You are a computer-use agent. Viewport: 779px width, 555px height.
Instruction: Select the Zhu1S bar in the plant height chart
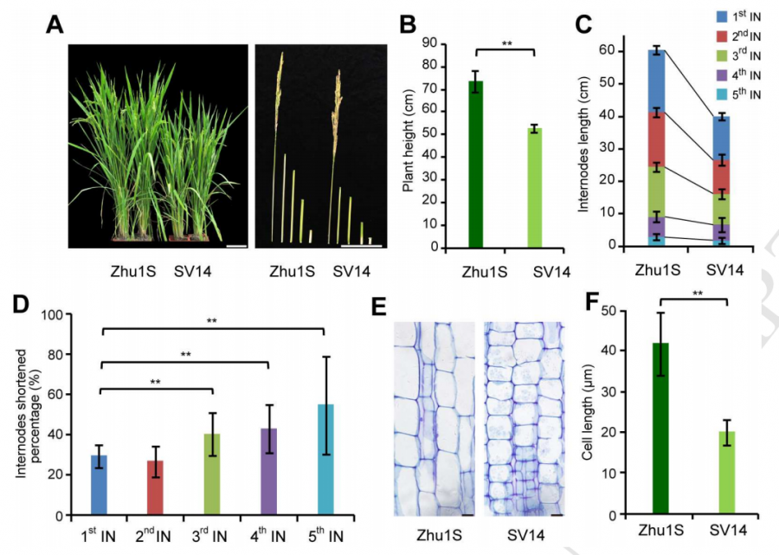pos(475,165)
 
